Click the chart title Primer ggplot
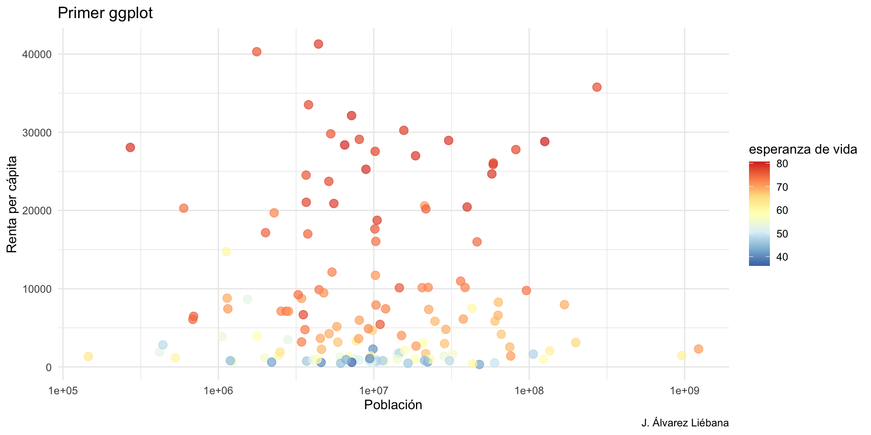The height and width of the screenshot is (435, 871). coord(105,13)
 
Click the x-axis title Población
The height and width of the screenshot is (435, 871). coord(393,405)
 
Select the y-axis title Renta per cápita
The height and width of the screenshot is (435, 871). coord(12,204)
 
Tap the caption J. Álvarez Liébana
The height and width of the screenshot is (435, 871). coord(685,423)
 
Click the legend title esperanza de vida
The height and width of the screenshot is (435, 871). coord(802,149)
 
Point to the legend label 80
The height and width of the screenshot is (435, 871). coord(782,164)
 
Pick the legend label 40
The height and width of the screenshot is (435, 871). coord(782,257)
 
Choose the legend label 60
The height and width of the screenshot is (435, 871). coord(782,210)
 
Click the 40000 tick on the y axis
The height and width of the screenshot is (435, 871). coord(37,54)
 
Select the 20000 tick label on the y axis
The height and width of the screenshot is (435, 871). coord(37,211)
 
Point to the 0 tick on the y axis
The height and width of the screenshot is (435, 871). coord(49,367)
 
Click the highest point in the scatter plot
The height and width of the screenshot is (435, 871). coord(318,44)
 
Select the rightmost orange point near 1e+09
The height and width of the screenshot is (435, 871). coord(698,349)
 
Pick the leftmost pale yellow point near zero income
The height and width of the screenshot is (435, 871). coord(88,357)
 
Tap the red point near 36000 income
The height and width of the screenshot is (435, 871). coord(597,87)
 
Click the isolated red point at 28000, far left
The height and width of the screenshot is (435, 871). coord(130,147)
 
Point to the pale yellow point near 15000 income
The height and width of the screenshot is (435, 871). coord(226,252)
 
